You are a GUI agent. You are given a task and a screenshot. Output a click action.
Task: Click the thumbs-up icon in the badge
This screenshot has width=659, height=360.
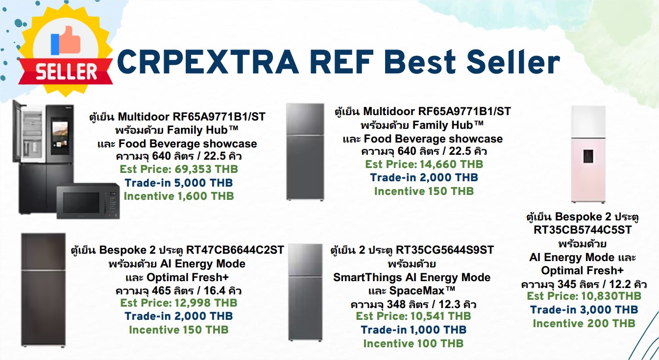coord(66,41)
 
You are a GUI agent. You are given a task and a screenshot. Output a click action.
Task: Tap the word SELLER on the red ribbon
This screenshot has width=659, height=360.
coord(67,72)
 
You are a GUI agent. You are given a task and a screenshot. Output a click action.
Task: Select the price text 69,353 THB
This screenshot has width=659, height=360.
coord(206,169)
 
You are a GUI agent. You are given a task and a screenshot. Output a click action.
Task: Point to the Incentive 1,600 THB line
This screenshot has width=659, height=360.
coord(178,196)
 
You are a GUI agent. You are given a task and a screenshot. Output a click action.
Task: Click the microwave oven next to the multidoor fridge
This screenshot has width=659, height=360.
coord(88,201)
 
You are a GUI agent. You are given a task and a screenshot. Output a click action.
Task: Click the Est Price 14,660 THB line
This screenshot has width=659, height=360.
coord(424,164)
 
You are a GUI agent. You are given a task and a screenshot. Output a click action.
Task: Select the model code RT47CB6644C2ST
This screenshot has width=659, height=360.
coord(235,250)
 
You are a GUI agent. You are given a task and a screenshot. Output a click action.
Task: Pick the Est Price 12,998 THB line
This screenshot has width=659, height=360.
coord(178,303)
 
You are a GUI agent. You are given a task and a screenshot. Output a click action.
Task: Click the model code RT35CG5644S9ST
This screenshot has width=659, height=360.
coord(444,250)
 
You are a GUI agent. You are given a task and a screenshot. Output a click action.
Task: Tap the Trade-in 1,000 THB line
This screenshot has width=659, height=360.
coord(414,330)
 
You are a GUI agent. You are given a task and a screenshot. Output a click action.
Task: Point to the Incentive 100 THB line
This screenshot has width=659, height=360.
coord(414,343)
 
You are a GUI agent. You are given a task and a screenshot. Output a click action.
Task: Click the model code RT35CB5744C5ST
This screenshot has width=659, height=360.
coord(583,230)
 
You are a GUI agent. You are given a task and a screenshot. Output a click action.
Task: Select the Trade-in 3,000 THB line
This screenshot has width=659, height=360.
coord(584,310)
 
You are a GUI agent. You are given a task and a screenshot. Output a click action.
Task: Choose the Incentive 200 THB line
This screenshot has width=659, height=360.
coord(584,324)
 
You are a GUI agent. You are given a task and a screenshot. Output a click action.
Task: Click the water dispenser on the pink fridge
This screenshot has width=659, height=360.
coord(588,156)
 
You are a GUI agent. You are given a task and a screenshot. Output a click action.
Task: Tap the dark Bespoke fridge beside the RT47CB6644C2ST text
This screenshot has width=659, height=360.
coord(43,289)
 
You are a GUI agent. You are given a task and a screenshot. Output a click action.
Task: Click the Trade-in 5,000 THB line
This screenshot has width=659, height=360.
coord(178,183)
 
